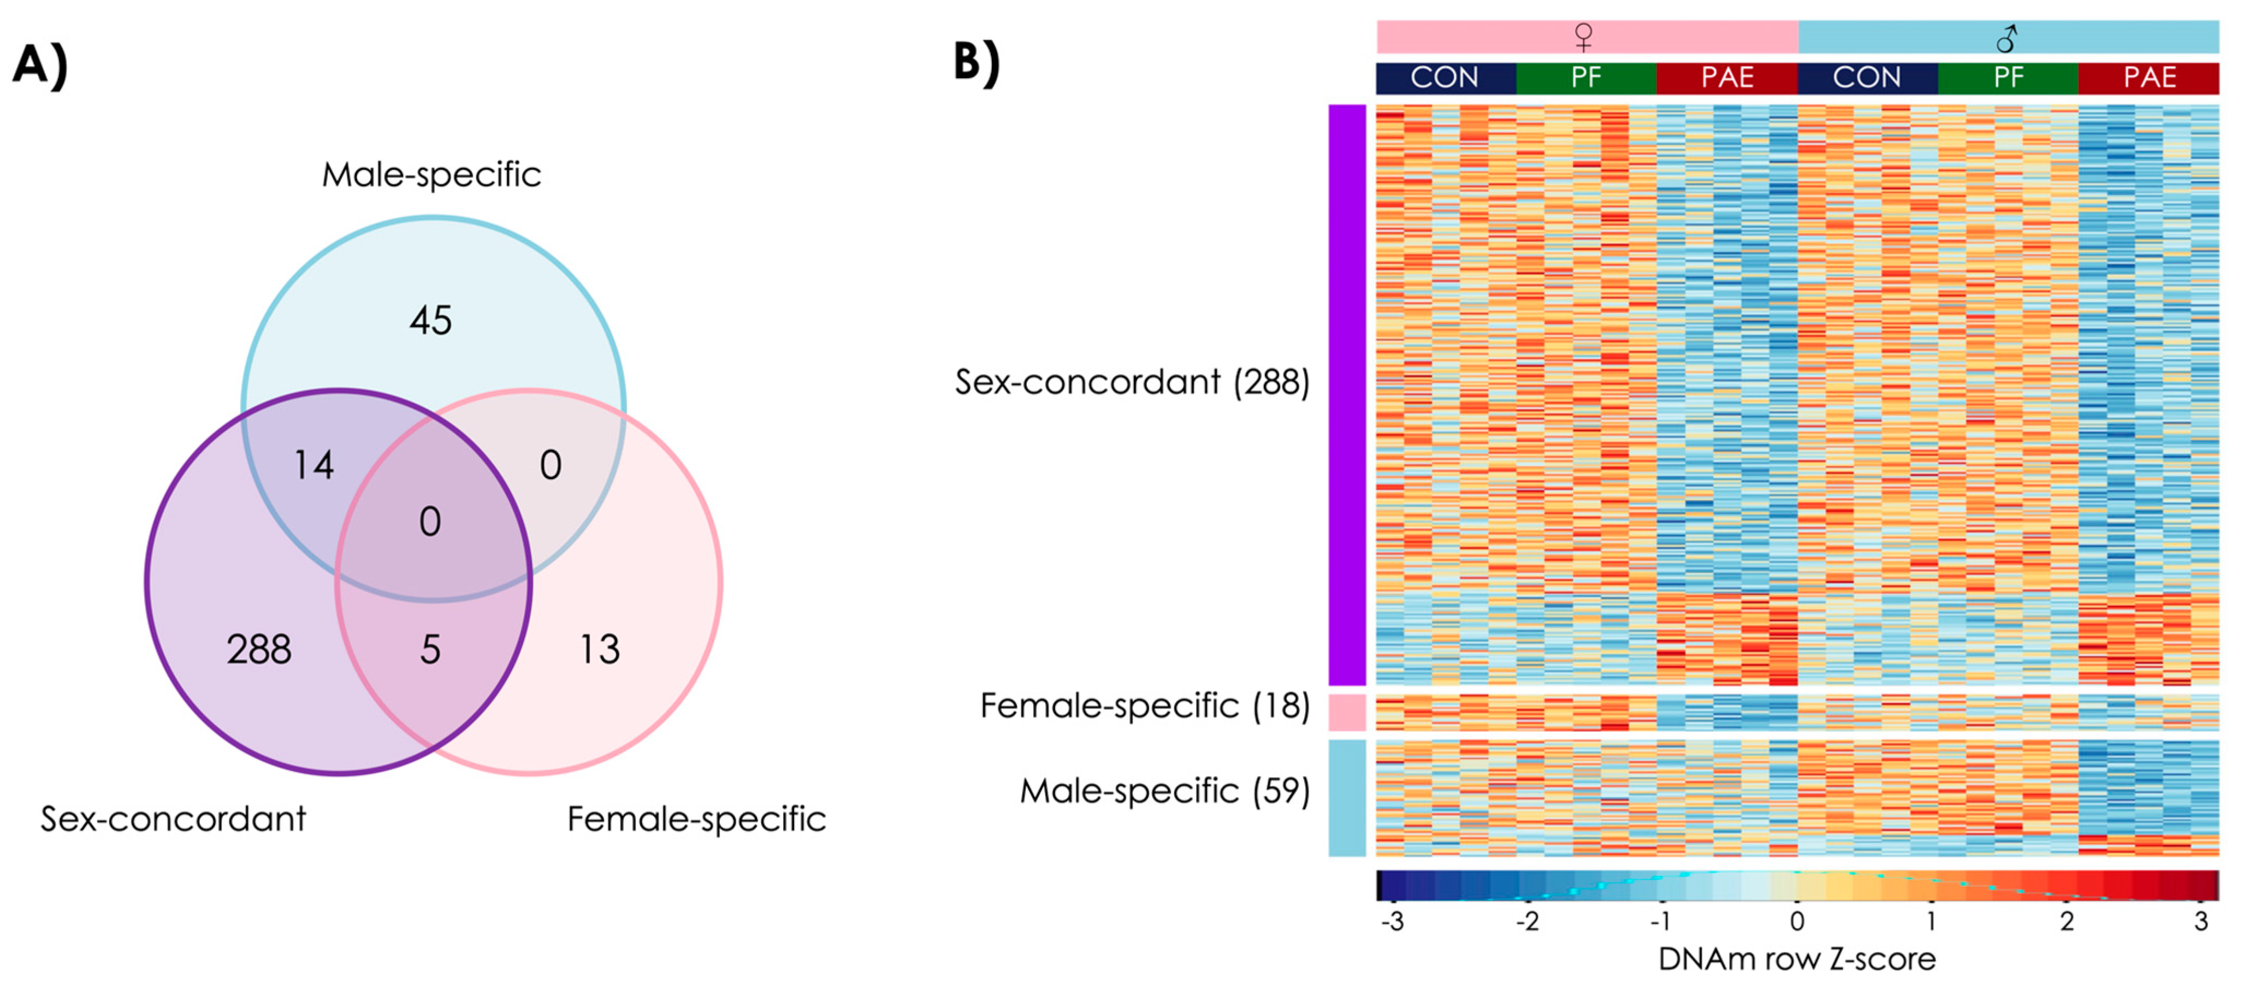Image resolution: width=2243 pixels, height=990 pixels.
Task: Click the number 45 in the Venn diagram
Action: tap(430, 321)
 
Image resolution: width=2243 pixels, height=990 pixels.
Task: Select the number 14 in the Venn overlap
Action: tap(313, 465)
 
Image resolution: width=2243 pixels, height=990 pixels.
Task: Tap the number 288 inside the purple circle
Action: tap(259, 650)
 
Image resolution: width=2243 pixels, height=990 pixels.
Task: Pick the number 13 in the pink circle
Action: tap(600, 650)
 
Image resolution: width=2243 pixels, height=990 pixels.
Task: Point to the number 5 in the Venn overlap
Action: tap(430, 650)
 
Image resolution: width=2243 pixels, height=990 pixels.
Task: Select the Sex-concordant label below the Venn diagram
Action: tap(173, 819)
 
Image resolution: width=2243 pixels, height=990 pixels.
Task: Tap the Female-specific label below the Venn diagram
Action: tap(696, 819)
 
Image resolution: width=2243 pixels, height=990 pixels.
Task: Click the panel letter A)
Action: tap(40, 66)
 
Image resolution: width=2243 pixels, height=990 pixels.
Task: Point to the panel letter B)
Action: tap(977, 63)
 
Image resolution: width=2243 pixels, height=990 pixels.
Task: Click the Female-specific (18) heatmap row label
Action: tap(1144, 706)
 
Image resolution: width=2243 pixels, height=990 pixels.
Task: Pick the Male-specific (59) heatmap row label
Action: tap(1164, 791)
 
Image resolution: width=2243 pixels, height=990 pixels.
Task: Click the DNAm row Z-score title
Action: tap(1796, 959)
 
